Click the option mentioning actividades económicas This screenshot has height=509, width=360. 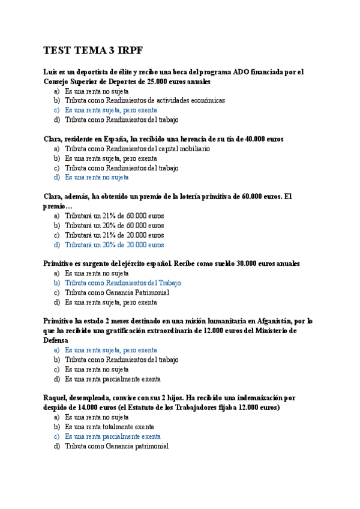[145, 101]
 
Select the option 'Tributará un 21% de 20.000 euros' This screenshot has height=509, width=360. [114, 235]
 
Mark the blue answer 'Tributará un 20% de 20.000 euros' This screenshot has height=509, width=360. [114, 245]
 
